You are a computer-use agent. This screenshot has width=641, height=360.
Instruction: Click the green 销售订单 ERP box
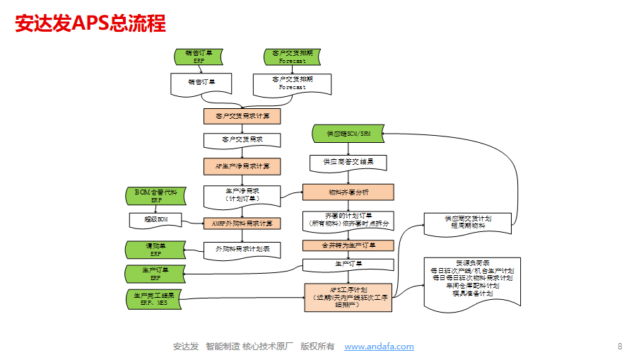(x=199, y=57)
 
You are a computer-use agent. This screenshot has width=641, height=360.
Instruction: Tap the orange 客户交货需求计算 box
(x=242, y=115)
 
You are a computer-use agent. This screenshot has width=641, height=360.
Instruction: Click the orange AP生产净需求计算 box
(x=242, y=166)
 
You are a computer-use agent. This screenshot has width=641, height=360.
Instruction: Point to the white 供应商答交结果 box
(x=348, y=162)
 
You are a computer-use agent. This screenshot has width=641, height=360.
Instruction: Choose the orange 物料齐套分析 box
(x=348, y=192)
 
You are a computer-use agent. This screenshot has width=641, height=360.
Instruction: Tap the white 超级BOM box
(x=155, y=220)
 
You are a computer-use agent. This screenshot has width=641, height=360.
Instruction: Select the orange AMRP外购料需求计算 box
(x=242, y=223)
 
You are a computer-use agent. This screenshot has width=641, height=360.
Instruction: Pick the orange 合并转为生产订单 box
(x=348, y=245)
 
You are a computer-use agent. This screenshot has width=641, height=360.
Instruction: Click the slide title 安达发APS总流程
(x=90, y=24)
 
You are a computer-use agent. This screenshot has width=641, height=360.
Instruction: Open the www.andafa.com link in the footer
(x=379, y=347)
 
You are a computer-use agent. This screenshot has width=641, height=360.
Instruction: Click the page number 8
(x=620, y=347)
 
